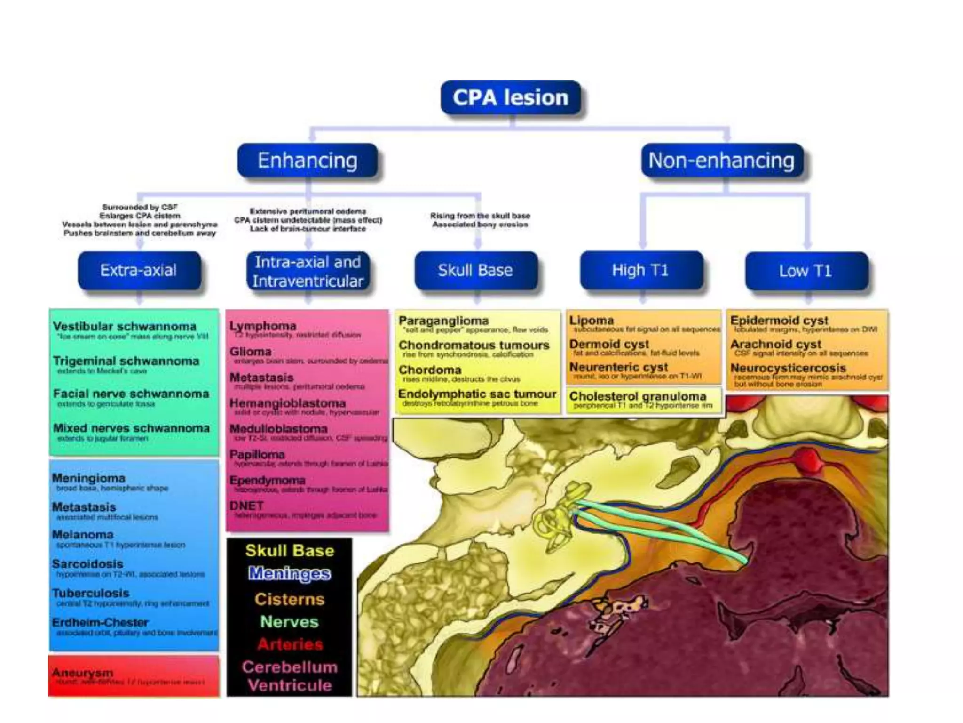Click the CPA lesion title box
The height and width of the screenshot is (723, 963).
pyautogui.click(x=510, y=97)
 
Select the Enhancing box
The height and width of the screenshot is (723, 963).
pyautogui.click(x=308, y=161)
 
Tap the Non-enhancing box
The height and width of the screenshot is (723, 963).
pyautogui.click(x=721, y=161)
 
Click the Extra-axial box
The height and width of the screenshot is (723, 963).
pyautogui.click(x=139, y=270)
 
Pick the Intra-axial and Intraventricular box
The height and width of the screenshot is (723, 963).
pyautogui.click(x=308, y=272)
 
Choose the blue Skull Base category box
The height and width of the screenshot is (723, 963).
pyautogui.click(x=475, y=270)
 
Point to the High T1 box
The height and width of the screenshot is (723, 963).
pyautogui.click(x=640, y=270)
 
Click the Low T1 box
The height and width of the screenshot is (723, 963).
pyautogui.click(x=805, y=271)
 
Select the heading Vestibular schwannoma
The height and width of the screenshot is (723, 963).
pyautogui.click(x=125, y=326)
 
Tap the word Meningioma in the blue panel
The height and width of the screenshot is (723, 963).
pyautogui.click(x=89, y=478)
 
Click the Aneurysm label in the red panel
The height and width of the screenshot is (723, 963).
pyautogui.click(x=83, y=672)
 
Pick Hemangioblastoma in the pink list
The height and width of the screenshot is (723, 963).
pyautogui.click(x=288, y=403)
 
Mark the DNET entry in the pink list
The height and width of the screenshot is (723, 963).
pyautogui.click(x=246, y=506)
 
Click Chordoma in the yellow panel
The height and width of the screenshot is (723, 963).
pyautogui.click(x=430, y=370)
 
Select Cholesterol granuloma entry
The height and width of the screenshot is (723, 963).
pyautogui.click(x=638, y=396)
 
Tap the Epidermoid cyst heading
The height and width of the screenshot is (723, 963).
pyautogui.click(x=779, y=321)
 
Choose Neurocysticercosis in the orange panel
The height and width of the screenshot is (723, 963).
pyautogui.click(x=788, y=368)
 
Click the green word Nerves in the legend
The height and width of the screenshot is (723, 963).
pyautogui.click(x=290, y=622)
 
